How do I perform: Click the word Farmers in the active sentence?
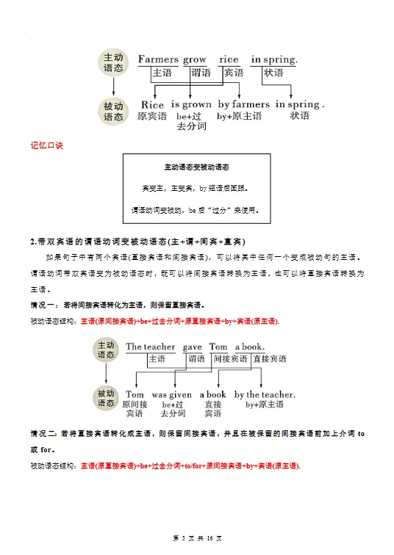tap(158, 59)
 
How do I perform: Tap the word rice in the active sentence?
tap(229, 59)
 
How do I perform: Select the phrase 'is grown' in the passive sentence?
tap(191, 104)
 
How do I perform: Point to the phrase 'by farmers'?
tap(243, 104)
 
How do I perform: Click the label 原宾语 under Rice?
tap(152, 116)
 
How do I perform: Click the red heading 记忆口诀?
tap(47, 145)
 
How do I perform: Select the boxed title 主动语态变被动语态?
tap(197, 167)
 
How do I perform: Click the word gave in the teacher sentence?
tap(193, 347)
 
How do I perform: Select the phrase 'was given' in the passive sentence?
tap(171, 394)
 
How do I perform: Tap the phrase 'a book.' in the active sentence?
tap(250, 347)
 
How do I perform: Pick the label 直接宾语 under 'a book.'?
tap(269, 359)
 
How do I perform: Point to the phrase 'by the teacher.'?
tap(265, 394)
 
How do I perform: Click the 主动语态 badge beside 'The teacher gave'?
tap(107, 349)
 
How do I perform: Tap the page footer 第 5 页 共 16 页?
tap(196, 539)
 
